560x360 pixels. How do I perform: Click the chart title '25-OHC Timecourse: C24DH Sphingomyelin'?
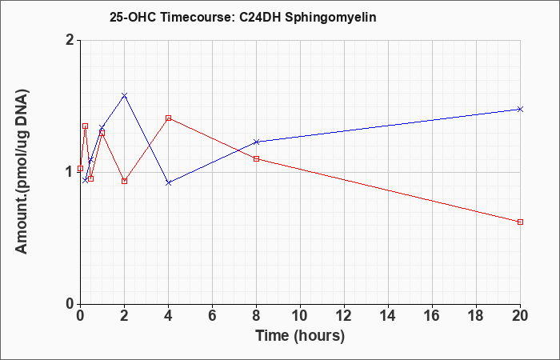pos(243,18)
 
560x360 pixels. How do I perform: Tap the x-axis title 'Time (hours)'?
pos(300,336)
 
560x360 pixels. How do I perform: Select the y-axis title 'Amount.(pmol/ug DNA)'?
pos(22,172)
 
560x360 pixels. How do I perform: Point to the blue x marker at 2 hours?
pos(124,95)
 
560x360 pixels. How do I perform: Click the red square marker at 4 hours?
pos(169,118)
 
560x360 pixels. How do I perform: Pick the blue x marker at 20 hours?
pos(520,109)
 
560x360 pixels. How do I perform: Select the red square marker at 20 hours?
pos(520,222)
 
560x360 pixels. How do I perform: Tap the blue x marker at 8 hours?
pos(257,142)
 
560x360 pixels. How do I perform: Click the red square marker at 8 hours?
pos(257,158)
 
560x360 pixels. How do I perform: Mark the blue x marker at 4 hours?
pos(169,183)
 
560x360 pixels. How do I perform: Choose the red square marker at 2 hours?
pos(124,181)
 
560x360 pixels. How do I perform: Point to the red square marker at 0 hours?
pos(80,168)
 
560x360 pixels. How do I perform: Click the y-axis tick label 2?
pos(70,40)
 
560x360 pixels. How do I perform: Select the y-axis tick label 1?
pos(70,172)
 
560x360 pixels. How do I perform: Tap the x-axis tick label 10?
pos(300,316)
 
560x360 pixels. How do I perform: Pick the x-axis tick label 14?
pos(388,316)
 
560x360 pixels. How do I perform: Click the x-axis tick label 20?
pos(520,316)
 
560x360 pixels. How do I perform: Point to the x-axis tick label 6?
pos(213,316)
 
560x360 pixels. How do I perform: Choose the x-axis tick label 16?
pos(432,316)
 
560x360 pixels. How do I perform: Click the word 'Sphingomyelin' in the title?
pos(330,18)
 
